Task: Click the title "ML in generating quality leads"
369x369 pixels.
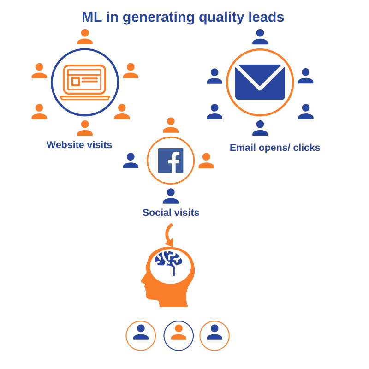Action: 183,17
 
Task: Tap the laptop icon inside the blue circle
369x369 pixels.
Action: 85,82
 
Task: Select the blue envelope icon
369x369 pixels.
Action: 260,82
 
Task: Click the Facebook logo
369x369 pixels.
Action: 171,161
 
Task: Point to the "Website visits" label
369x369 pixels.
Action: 79,145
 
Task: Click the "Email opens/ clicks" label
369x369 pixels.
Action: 275,148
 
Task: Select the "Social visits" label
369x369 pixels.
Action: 171,213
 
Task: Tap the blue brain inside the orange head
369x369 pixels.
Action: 169,261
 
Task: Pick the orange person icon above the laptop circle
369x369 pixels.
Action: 85,37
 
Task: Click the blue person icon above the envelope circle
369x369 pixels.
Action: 260,37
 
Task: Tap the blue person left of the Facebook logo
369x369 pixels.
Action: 131,161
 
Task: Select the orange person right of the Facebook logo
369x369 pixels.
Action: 206,161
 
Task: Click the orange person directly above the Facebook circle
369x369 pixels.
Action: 171,125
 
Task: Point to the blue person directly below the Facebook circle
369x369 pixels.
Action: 171,196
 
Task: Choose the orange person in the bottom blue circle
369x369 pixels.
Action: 179,335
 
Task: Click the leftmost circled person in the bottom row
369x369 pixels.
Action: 141,335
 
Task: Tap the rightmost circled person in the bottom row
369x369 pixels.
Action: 214,335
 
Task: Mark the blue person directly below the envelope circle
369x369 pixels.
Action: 260,128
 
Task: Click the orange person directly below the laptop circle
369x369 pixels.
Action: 85,128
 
